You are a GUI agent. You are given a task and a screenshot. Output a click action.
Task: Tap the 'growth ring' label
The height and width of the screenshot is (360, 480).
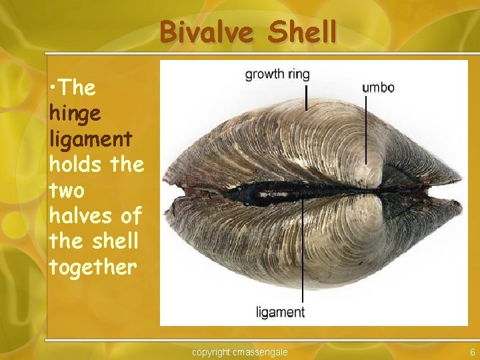[277, 74]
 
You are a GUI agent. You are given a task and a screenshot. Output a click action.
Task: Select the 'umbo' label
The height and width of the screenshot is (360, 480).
[378, 87]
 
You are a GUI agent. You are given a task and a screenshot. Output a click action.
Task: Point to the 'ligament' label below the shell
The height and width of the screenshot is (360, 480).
[281, 312]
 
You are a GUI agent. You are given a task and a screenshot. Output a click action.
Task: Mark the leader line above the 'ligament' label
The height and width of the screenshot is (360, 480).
[303, 253]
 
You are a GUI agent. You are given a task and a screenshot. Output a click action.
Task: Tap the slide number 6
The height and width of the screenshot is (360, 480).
[472, 351]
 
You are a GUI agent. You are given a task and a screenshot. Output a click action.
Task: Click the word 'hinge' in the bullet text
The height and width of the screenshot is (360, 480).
[74, 113]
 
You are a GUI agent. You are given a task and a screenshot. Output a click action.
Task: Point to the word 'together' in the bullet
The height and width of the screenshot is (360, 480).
[93, 267]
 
